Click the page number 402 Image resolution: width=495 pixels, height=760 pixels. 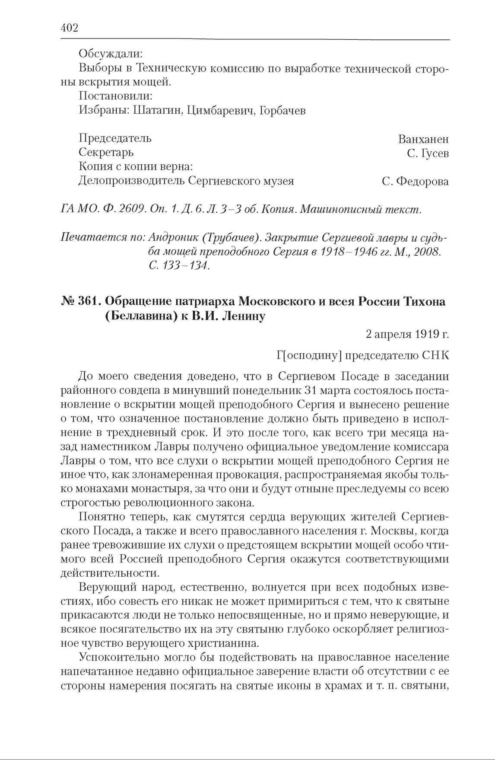70,28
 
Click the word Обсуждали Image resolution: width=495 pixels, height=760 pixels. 111,54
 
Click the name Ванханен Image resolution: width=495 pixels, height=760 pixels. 423,139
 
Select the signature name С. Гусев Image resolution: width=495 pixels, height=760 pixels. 428,153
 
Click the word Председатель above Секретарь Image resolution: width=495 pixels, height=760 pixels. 115,138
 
